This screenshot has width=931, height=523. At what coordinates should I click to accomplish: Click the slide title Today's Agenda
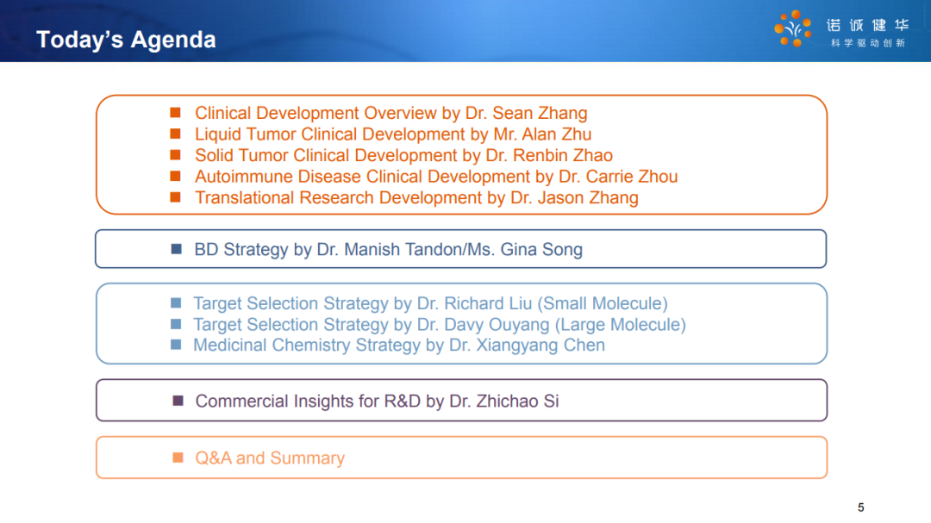126,40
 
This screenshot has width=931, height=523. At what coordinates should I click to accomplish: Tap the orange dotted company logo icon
793,28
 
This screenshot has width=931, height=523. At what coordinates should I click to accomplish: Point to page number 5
861,507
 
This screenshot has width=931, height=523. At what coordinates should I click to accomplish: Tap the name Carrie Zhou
632,177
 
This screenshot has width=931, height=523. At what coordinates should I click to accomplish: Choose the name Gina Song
541,249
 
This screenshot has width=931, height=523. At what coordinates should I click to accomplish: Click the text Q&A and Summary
270,458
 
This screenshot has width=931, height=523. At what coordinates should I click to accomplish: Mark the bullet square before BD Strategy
177,249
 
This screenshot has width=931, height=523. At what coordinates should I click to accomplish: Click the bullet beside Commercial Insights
178,401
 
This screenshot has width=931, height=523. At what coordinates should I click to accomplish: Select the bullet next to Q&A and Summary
178,458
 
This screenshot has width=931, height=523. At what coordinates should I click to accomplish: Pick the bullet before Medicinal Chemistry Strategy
176,345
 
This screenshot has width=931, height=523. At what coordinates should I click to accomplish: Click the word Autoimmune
243,177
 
